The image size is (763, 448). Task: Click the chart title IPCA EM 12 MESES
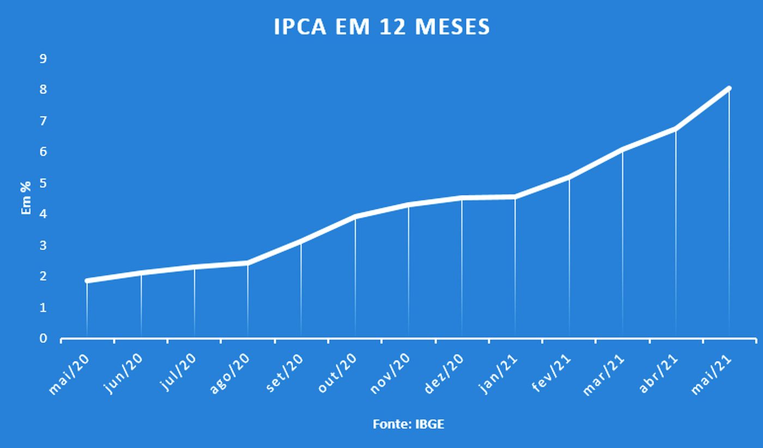(x=381, y=27)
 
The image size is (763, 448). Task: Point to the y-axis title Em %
(x=26, y=198)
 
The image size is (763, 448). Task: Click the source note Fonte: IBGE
(x=408, y=424)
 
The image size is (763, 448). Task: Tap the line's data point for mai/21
(x=729, y=88)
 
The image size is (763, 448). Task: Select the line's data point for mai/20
(x=87, y=280)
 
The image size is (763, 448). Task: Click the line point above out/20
(x=355, y=217)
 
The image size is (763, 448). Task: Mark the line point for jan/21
(x=515, y=197)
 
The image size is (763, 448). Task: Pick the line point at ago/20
(x=247, y=263)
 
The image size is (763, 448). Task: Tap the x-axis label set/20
(x=284, y=373)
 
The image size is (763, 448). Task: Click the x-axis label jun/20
(x=124, y=373)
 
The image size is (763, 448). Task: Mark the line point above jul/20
(x=194, y=267)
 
